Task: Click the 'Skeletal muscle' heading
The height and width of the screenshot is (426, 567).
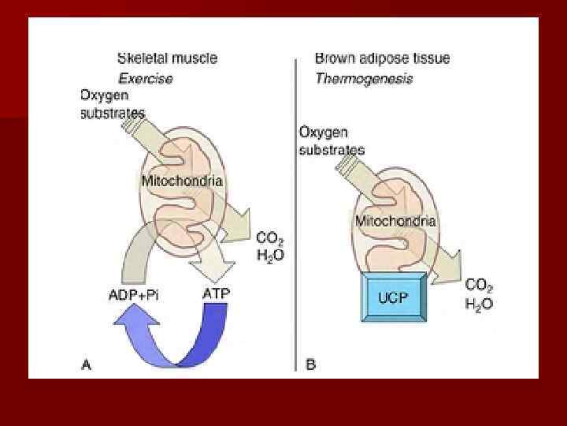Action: tap(167, 58)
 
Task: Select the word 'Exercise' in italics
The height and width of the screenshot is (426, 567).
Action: tap(145, 78)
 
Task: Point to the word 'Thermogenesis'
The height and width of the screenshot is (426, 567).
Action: tap(363, 78)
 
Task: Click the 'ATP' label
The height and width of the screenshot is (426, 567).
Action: tap(217, 294)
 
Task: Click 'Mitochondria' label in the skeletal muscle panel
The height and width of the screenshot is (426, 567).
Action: tap(182, 181)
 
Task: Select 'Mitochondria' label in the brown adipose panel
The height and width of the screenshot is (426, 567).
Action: tap(395, 221)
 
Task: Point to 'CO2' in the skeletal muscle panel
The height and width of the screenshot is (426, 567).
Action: tap(270, 237)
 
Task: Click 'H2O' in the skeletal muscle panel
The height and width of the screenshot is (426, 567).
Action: tap(270, 255)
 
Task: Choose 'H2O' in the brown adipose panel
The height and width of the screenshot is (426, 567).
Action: tap(479, 305)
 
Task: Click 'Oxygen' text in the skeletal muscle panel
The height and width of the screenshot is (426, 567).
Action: tap(104, 96)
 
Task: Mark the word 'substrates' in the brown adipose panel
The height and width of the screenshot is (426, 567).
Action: tap(332, 150)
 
